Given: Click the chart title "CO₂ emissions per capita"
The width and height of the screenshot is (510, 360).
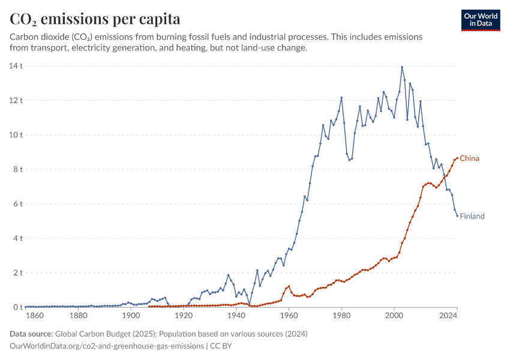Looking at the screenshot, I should tap(95, 19).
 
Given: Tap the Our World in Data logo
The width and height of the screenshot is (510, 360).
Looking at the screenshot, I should tap(480, 20).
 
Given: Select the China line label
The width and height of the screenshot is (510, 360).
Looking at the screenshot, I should tap(469, 158).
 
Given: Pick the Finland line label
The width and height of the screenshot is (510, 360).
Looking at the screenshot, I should tap(472, 216).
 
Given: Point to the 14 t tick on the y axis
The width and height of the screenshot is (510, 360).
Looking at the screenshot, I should tap(16, 65).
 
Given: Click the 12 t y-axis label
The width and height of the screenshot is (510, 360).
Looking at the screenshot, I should tap(16, 100).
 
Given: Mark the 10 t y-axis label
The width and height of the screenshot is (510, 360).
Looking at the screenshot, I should tap(16, 134).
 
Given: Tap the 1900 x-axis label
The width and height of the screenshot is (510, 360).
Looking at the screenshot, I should tap(131, 316).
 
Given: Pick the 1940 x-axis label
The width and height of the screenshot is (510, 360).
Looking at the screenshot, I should tap(236, 316).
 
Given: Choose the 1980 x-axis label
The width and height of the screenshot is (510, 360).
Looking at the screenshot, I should tap(341, 316).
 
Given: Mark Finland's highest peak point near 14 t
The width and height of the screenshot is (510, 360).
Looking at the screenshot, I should tap(402, 67).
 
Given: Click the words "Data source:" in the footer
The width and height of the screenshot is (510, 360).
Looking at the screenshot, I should tap(32, 334).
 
